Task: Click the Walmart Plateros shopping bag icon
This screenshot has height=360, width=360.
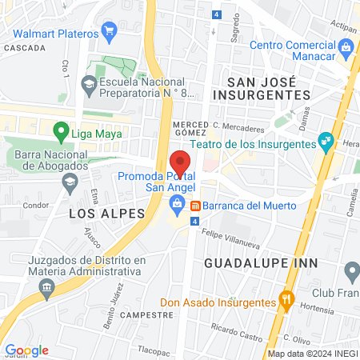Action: pyautogui.click(x=110, y=33)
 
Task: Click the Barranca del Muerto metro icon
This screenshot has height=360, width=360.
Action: pyautogui.click(x=194, y=205)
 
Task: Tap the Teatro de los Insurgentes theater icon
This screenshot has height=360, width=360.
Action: pyautogui.click(x=325, y=143)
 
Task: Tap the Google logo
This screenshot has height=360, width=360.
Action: pyautogui.click(x=26, y=350)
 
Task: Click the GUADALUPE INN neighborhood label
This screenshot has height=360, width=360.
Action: pyautogui.click(x=262, y=262)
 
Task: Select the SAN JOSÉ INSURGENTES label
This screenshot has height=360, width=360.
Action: pyautogui.click(x=268, y=88)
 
